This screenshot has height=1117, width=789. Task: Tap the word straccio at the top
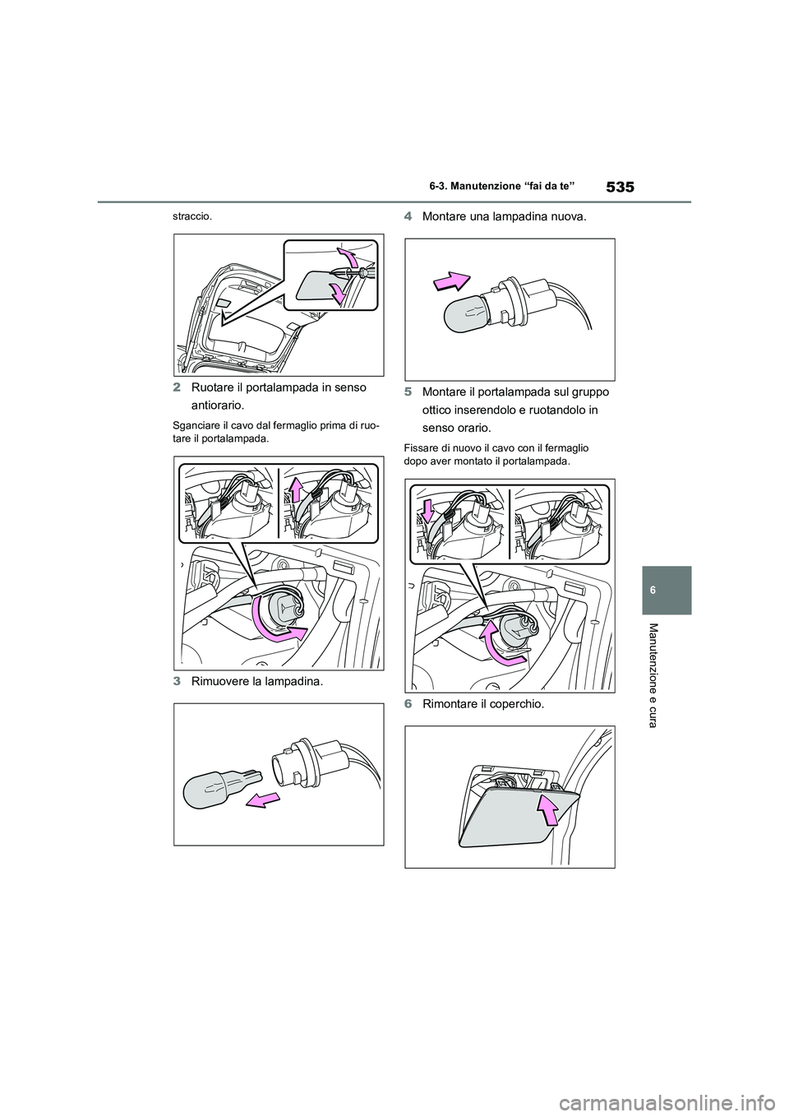(191, 217)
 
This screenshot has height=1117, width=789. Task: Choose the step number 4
(408, 217)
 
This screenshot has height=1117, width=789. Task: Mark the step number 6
(408, 703)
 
